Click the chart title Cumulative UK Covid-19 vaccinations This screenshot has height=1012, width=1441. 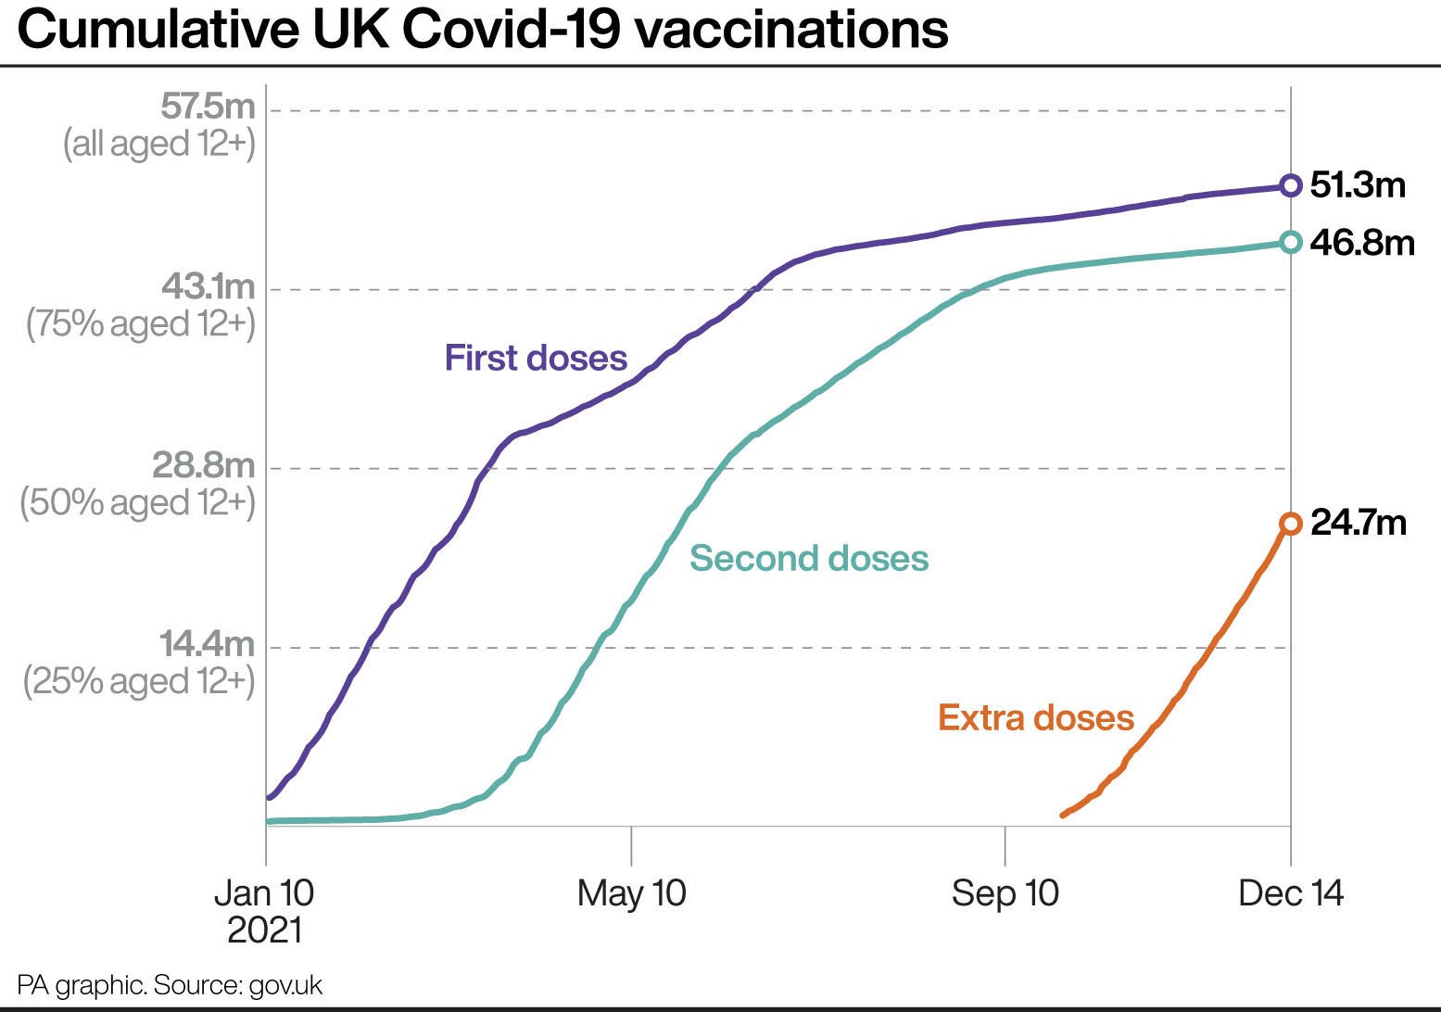click(x=482, y=30)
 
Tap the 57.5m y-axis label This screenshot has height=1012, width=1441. click(x=208, y=108)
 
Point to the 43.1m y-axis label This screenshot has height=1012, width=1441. click(x=208, y=286)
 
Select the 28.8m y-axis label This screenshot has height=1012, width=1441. click(x=203, y=465)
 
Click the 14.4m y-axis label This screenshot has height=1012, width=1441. click(x=207, y=644)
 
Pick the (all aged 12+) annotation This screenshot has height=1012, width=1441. click(x=158, y=145)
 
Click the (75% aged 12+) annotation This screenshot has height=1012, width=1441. click(x=141, y=323)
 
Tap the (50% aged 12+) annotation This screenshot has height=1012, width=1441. click(x=137, y=502)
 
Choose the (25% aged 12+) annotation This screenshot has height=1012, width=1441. click(x=138, y=681)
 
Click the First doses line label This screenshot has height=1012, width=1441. click(x=536, y=358)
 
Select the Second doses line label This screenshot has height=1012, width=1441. click(x=808, y=558)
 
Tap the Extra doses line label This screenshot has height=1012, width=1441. click(x=1036, y=717)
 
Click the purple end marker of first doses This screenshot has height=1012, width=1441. click(x=1290, y=185)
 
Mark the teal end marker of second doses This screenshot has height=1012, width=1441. click(x=1290, y=242)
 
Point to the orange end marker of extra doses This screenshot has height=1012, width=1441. click(x=1290, y=524)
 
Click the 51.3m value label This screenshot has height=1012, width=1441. click(x=1358, y=185)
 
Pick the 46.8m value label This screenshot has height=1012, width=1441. click(x=1362, y=242)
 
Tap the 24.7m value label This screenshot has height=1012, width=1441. click(x=1359, y=524)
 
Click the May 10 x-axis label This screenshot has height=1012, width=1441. click(x=631, y=893)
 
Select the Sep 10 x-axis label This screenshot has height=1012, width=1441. click(x=1005, y=893)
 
